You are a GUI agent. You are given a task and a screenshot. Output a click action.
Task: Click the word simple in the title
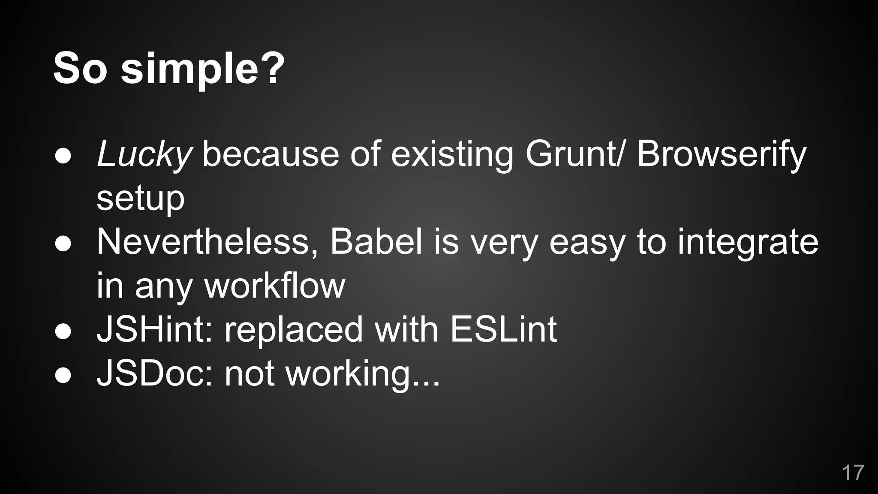(201, 69)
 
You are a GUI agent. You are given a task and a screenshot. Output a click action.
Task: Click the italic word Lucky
(144, 154)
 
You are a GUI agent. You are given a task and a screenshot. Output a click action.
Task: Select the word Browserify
(722, 154)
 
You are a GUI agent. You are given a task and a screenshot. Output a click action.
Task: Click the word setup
(141, 199)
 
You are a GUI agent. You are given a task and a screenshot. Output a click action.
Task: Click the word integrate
(748, 243)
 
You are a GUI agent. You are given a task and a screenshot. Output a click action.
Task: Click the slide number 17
(853, 473)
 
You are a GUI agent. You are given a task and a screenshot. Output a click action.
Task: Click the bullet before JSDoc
(63, 376)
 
